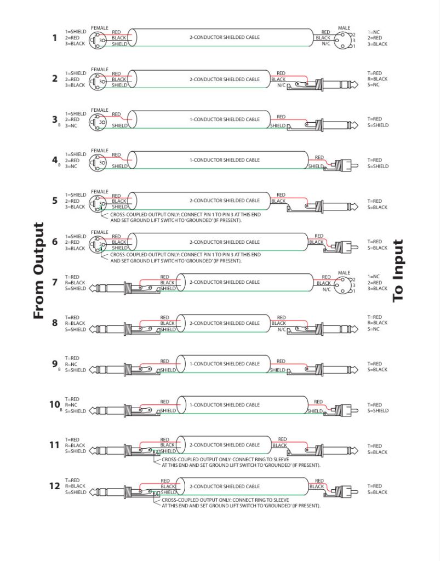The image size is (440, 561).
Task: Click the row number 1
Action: click(55, 38)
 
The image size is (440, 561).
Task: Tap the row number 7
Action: click(55, 282)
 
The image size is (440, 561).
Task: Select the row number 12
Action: click(54, 486)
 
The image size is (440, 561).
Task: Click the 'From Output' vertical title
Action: click(38, 271)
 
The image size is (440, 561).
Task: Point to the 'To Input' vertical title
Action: click(398, 271)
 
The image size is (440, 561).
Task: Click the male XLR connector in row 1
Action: click(345, 38)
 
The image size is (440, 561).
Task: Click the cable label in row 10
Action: click(224, 405)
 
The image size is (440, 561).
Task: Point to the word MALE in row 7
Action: click(344, 272)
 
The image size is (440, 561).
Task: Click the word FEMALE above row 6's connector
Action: click(100, 232)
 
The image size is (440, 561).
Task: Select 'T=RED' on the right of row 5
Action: click(375, 201)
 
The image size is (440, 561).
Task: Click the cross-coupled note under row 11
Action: click(241, 462)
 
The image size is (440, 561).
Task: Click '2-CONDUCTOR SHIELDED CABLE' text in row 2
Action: click(224, 79)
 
